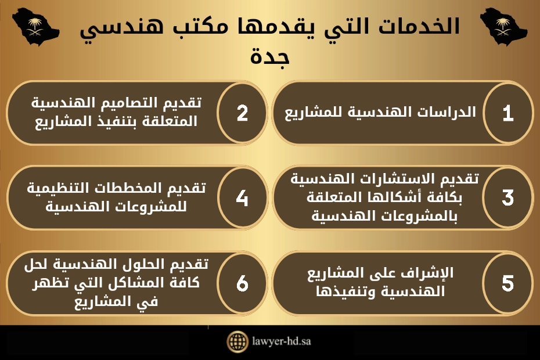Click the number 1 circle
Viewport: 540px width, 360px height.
[508, 113]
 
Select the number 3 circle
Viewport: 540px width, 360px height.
[508, 198]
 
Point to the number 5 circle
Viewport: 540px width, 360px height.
[508, 283]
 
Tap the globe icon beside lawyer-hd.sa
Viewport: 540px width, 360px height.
[237, 341]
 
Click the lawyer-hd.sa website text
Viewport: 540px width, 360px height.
[282, 341]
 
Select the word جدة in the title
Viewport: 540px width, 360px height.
[269, 56]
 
